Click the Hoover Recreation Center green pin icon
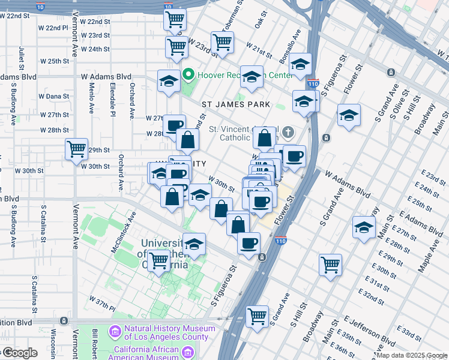188,75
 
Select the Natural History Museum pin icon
115,331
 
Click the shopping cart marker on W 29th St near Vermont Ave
77,149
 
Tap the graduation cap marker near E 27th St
364,227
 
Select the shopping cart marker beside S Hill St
330,265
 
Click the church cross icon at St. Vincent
288,132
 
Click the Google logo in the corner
19,353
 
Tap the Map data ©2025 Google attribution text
411,355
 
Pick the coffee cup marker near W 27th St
174,125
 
